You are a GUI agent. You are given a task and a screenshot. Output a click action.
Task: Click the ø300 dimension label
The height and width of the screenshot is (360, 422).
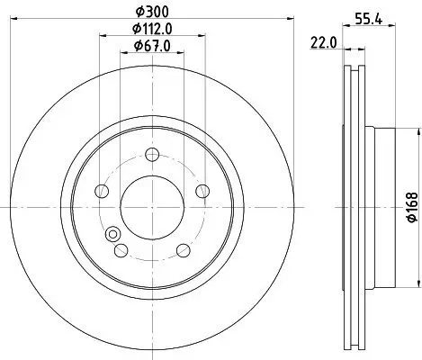point(153,10)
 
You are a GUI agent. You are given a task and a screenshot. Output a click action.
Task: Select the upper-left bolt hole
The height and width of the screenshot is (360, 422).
point(103,190)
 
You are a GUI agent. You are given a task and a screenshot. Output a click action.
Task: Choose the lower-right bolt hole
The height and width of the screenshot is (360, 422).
point(183,250)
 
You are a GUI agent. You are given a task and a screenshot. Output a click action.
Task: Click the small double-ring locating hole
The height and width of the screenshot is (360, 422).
point(113,236)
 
